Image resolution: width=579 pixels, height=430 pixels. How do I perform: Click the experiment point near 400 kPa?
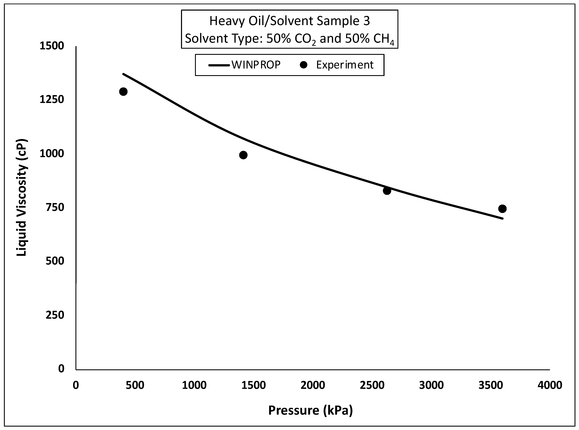[x=123, y=92]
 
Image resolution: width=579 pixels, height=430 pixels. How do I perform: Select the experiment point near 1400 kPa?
[x=243, y=155]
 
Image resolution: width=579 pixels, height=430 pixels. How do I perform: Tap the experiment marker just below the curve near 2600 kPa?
[x=387, y=191]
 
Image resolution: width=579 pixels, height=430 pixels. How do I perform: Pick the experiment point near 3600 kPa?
[x=502, y=209]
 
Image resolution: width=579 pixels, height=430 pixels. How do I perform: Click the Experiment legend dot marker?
[x=303, y=65]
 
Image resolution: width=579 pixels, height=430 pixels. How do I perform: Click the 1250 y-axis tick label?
[x=52, y=99]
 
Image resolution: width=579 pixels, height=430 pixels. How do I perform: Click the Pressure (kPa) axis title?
[x=310, y=411]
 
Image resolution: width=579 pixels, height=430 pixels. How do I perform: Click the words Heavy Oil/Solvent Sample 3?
[x=289, y=21]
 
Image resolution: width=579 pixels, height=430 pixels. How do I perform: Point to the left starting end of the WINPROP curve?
[x=123, y=74]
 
